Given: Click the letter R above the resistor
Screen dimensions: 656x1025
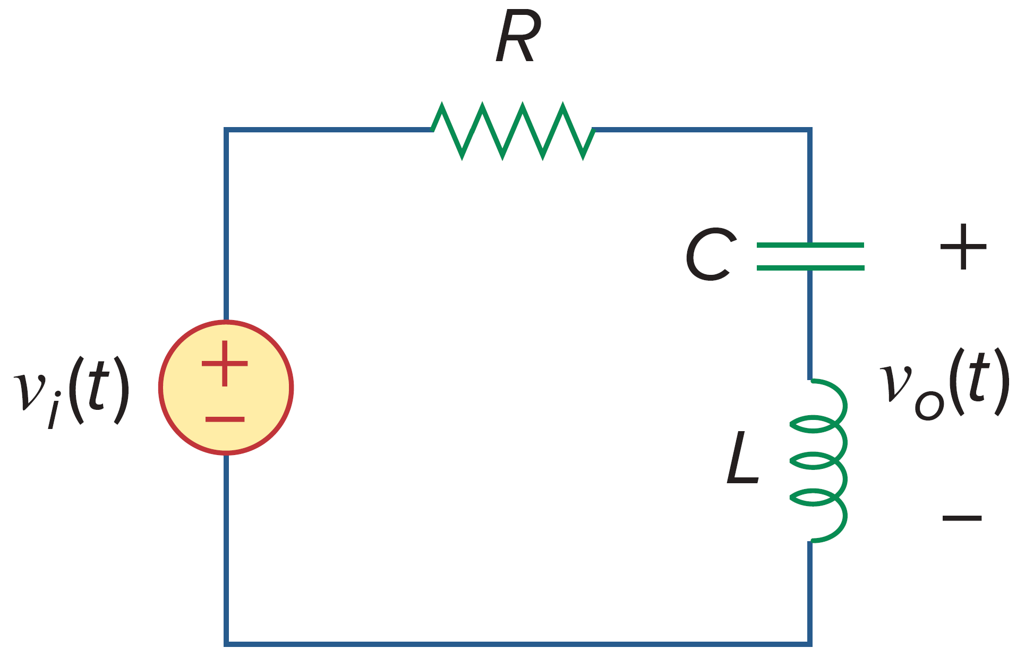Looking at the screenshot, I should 518,38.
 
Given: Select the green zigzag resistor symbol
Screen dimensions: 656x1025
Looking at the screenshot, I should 512,131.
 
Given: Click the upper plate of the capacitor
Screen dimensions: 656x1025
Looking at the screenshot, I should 810,245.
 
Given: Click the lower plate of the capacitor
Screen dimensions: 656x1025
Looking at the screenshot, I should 810,268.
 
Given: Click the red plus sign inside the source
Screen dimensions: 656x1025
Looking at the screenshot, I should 225,364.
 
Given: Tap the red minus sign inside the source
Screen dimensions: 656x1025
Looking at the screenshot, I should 225,419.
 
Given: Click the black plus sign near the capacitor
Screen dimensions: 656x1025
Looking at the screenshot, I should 963,247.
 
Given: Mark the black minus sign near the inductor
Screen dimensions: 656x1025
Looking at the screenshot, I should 962,517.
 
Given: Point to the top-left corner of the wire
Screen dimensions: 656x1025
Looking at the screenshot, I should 226,130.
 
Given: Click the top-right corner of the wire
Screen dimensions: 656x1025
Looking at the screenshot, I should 809,130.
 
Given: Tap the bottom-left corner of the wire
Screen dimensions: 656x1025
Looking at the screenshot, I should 226,644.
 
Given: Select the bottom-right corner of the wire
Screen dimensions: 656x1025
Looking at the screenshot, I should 809,644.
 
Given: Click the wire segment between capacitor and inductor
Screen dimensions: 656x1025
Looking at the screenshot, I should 809,324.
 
